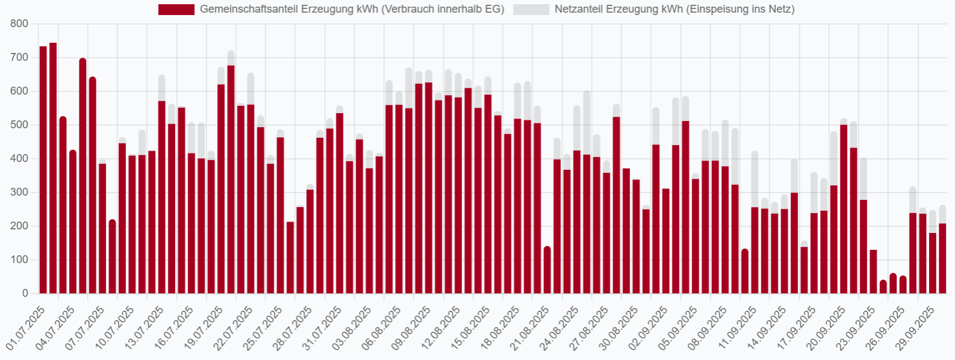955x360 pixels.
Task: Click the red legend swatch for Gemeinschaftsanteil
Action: click(x=176, y=10)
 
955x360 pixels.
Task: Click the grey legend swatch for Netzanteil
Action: click(x=531, y=10)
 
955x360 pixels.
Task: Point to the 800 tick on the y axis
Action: click(x=20, y=24)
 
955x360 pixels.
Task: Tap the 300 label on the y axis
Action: click(x=20, y=193)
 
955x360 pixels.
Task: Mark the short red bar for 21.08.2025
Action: click(x=547, y=271)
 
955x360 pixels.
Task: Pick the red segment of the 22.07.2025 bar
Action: click(x=251, y=199)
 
